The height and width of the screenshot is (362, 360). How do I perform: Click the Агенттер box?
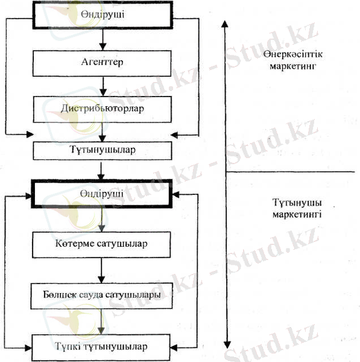coord(102,63)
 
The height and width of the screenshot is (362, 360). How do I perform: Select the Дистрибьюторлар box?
coord(103,109)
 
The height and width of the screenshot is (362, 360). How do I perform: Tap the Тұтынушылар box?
coord(103,150)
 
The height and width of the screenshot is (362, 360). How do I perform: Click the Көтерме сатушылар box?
coord(101,245)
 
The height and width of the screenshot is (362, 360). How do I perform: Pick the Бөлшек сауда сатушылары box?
coord(101,296)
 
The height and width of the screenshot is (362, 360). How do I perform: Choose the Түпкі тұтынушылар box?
coord(101,348)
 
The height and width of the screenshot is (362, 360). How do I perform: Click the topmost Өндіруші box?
coord(103,15)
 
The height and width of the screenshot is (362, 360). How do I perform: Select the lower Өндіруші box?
coord(102,194)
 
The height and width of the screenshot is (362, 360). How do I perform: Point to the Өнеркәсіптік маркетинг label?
coord(293,60)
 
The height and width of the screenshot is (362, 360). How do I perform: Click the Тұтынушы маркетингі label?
coord(297,208)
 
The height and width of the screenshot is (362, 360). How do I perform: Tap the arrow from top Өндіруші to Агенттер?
coord(103,39)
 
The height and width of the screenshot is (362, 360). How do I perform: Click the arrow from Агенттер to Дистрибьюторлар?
coord(103,86)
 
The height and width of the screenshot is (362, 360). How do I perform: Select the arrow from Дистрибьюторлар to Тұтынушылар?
coord(102,132)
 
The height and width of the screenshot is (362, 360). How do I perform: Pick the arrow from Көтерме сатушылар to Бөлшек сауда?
coord(101,270)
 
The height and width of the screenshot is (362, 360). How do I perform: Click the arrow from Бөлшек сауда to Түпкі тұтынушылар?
coord(101,322)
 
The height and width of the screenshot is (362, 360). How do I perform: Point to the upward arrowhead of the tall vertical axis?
coord(225,24)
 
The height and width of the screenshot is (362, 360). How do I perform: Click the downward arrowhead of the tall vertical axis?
coord(227,345)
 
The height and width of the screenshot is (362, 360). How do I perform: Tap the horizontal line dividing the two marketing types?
coord(290,172)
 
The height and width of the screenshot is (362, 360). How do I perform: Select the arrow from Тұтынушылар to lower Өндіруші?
coord(101,171)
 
